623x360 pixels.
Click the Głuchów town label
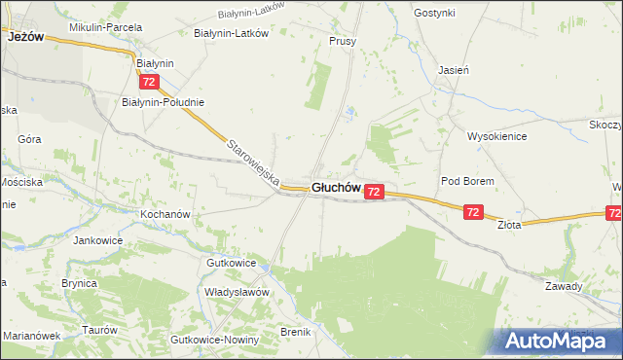pos(336,189)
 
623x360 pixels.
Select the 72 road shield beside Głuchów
pos(375,194)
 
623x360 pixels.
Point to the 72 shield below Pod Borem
pos(473,212)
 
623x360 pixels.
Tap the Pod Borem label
pos(467,182)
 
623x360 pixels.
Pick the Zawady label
pos(563,286)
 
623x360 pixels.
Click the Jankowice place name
pos(101,238)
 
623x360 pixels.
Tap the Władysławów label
pos(236,291)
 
